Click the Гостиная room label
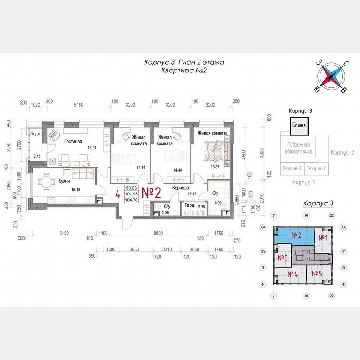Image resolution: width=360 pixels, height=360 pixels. pyautogui.click(x=73, y=141)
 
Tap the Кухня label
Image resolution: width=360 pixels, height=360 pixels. pyautogui.click(x=64, y=182)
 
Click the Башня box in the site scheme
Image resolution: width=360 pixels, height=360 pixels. pyautogui.click(x=299, y=125)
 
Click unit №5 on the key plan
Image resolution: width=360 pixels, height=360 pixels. pyautogui.click(x=317, y=274)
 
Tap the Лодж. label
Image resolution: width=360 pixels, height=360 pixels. pyautogui.click(x=35, y=133)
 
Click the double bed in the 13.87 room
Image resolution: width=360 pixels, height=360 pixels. pyautogui.click(x=216, y=150)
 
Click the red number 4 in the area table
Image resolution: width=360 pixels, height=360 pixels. pyautogui.click(x=118, y=194)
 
